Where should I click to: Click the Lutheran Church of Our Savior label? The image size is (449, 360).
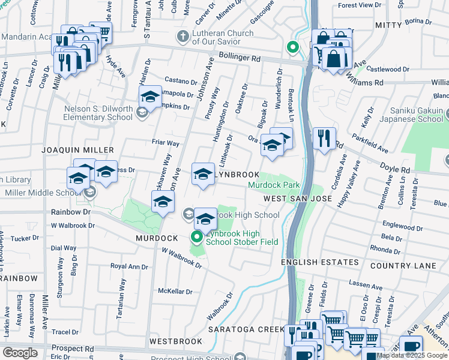click(x=215, y=38)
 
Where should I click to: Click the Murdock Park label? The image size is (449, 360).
click(x=274, y=185)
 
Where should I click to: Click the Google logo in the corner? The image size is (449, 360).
click(x=20, y=353)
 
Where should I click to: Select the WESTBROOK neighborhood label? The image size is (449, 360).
click(x=175, y=341)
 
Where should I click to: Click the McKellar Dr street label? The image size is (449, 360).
click(x=175, y=292)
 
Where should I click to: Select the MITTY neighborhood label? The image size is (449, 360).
click(x=388, y=25)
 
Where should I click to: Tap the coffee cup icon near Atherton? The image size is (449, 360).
click(x=411, y=346)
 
